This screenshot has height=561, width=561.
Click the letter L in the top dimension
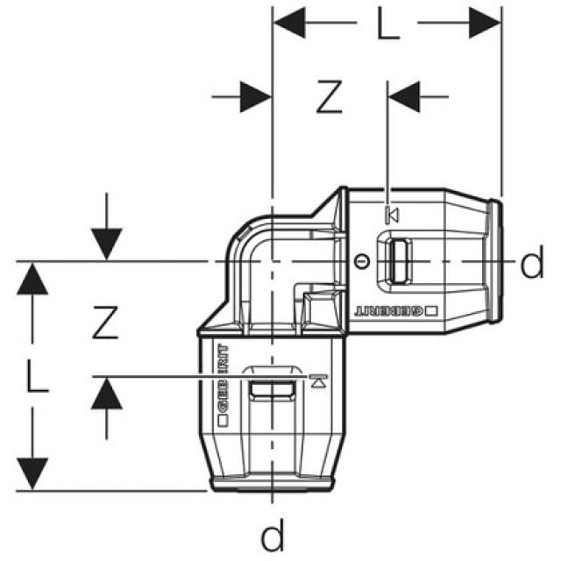[x=388, y=25]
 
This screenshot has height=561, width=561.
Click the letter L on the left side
[x=38, y=376]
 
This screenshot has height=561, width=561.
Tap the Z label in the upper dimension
[x=330, y=97]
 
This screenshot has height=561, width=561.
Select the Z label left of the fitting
[x=105, y=323]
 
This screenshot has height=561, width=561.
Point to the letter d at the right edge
[x=532, y=262]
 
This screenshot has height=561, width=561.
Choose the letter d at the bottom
[x=273, y=535]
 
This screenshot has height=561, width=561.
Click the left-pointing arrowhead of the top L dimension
[x=289, y=23]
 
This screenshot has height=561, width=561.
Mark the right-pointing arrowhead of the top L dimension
[x=485, y=23]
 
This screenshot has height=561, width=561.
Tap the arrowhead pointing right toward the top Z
[x=256, y=97]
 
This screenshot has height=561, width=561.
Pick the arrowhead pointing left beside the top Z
[x=404, y=96]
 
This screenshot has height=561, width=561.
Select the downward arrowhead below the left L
[x=32, y=473]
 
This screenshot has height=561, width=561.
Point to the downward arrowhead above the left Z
[x=107, y=245]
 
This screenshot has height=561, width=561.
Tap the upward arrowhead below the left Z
[x=107, y=394]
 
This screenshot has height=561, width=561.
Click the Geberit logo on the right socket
[x=396, y=311]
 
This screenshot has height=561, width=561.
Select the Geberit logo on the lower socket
[x=223, y=386]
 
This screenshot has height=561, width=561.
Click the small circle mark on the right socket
[x=362, y=262]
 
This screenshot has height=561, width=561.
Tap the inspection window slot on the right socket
[x=398, y=262]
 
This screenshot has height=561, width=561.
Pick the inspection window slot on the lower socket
[x=273, y=389]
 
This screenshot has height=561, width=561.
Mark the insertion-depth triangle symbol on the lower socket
[x=318, y=381]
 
